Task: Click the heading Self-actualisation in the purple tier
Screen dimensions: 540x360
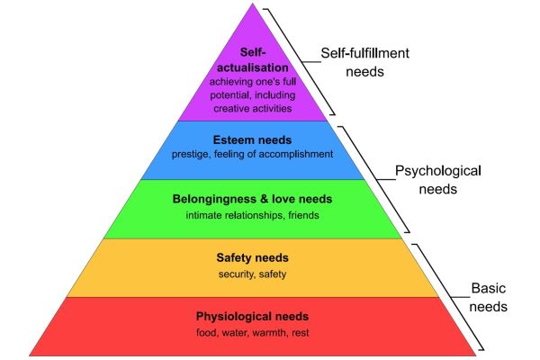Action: click(253, 60)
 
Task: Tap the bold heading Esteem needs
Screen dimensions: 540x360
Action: click(252, 139)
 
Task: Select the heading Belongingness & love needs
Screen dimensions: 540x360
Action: click(252, 199)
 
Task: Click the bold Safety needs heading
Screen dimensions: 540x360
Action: click(252, 257)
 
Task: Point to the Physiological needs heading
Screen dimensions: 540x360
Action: click(252, 317)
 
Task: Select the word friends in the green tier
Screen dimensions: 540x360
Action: click(304, 215)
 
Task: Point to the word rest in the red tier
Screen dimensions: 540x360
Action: click(301, 333)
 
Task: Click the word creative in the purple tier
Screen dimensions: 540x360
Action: click(229, 109)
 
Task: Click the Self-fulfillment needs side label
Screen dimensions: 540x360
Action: click(365, 62)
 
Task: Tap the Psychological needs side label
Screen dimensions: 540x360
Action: click(438, 180)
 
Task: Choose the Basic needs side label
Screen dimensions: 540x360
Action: click(489, 297)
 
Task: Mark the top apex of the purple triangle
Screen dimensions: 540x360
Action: click(252, 3)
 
